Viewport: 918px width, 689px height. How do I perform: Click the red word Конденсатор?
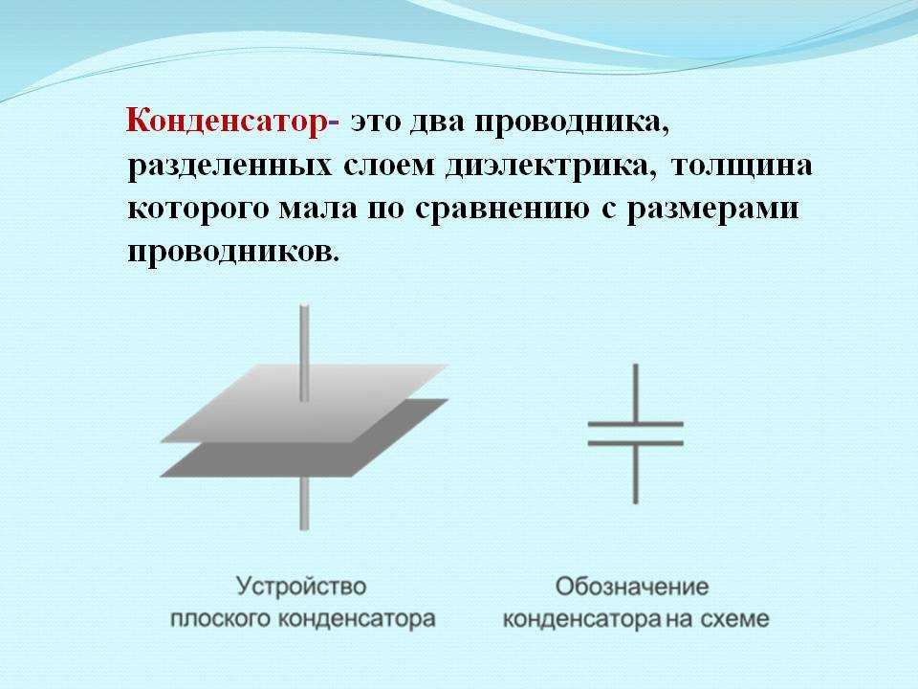tap(226, 123)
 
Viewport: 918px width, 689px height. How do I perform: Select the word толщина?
tap(742, 167)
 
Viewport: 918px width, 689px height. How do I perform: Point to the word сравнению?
tap(502, 211)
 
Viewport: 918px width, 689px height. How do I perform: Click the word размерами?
tap(712, 211)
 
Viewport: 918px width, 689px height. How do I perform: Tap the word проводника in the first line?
tap(572, 123)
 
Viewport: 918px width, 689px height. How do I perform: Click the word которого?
tap(197, 210)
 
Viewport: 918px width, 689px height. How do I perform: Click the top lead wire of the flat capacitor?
tap(304, 353)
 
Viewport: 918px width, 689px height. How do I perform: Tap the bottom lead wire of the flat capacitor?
tap(304, 503)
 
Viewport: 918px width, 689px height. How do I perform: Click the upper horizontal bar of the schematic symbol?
tap(635, 424)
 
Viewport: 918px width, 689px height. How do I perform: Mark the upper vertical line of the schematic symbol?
tap(635, 392)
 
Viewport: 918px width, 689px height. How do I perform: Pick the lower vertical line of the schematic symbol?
tap(635, 474)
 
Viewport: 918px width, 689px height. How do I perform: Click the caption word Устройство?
tap(301, 587)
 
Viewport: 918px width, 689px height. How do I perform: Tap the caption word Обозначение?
tap(632, 587)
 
